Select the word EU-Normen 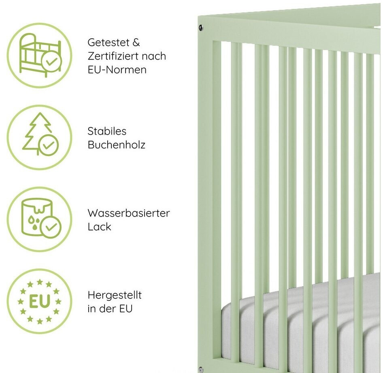[x=117, y=69]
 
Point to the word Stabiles [x=107, y=131]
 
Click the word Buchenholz [x=116, y=145]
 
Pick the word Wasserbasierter [x=128, y=213]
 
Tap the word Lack [x=99, y=227]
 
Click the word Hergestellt [x=115, y=295]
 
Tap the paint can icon [x=35, y=215]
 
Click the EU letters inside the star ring [x=39, y=301]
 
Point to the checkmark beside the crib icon [x=51, y=62]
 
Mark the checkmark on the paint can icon [x=51, y=227]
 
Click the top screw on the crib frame [x=201, y=28]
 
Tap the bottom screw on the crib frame [x=201, y=369]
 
